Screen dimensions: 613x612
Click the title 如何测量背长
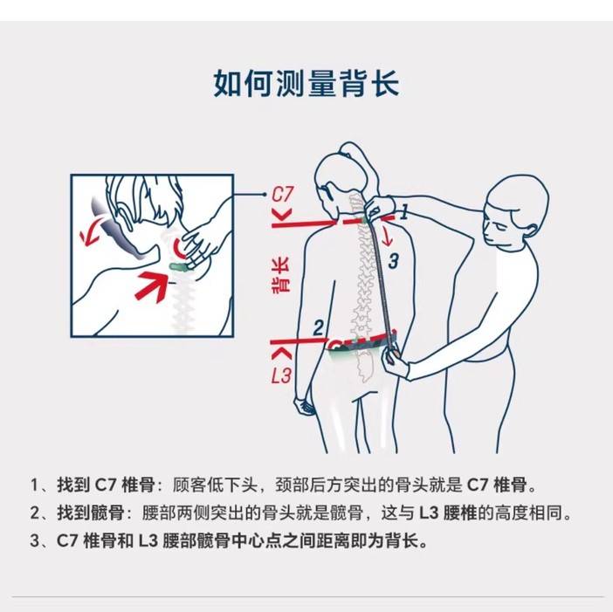pos(306,83)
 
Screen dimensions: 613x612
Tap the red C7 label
pos(282,195)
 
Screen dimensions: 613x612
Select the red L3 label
pos(281,375)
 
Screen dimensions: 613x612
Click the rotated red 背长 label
pos(280,275)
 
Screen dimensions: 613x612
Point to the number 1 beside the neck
pos(404,212)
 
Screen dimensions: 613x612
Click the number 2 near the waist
pos(319,327)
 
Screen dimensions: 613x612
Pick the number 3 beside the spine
pos(393,261)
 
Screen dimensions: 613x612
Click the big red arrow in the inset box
pos(152,285)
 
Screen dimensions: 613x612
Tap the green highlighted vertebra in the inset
pos(179,266)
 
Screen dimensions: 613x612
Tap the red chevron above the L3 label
pos(282,354)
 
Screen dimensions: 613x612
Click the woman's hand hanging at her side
pos(305,407)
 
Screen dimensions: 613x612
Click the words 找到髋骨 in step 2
pos(91,512)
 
